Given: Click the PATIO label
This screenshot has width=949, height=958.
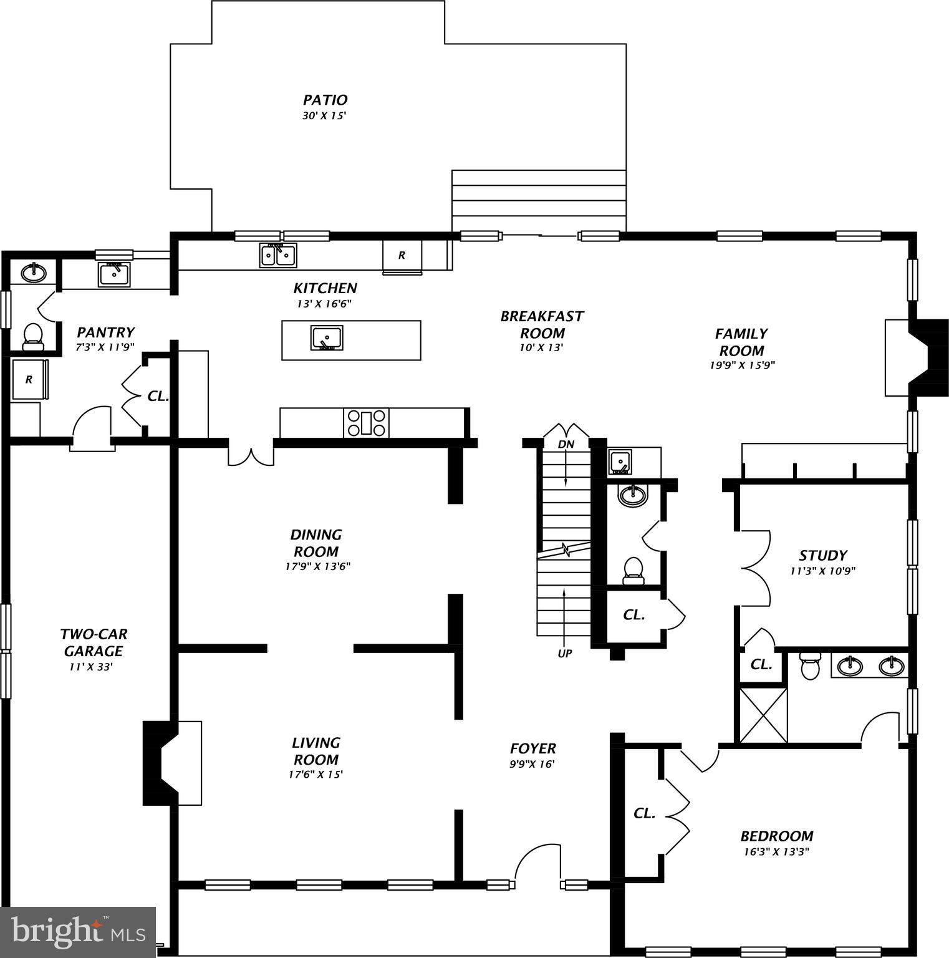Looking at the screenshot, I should (325, 100).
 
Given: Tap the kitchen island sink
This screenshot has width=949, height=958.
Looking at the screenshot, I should (327, 338).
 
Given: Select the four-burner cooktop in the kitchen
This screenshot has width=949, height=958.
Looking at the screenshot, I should (366, 423).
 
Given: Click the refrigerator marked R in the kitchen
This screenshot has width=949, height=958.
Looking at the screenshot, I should (402, 255).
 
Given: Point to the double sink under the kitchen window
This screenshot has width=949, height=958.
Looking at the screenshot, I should (278, 255).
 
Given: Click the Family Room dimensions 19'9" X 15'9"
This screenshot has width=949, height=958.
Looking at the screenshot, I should (741, 365).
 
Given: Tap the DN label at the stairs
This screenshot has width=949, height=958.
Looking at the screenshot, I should (566, 445).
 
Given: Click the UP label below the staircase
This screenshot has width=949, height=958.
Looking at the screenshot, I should (564, 654).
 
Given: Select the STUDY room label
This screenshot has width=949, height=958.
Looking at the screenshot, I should (822, 555).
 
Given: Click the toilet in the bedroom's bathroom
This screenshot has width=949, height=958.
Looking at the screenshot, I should (811, 666).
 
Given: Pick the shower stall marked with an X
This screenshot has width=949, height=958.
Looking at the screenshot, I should (763, 714).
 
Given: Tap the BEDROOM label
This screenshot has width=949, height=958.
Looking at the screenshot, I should (776, 836).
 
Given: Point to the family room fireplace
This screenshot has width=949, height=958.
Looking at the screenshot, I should (917, 357).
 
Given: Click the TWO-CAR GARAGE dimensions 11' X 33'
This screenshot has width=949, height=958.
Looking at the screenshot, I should (90, 667).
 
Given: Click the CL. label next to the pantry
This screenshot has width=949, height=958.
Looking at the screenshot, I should (158, 396).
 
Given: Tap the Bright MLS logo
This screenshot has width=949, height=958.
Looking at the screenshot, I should (78, 932).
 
